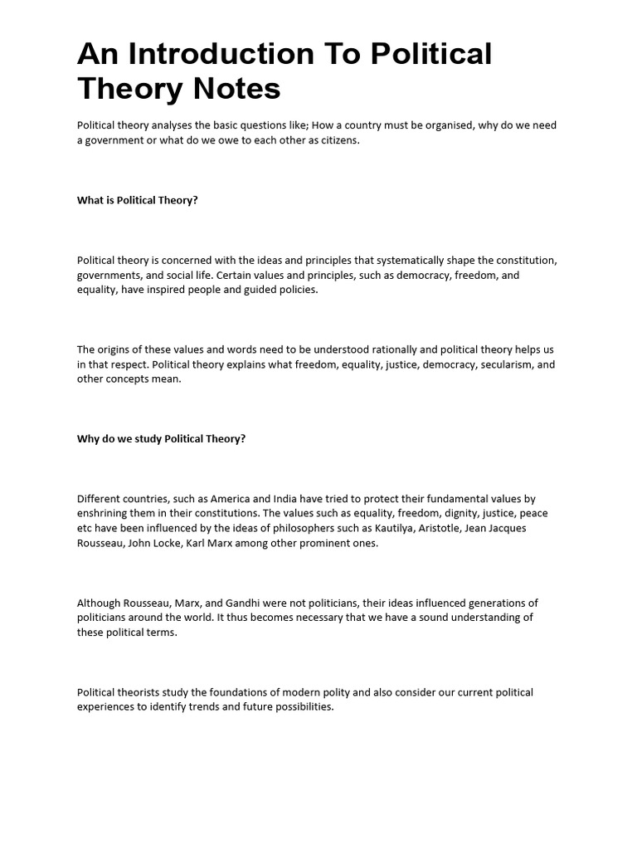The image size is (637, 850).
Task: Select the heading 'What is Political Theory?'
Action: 138,200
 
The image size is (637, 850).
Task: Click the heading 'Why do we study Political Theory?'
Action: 162,438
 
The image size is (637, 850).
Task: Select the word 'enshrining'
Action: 104,513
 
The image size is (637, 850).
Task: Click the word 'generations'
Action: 489,603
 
